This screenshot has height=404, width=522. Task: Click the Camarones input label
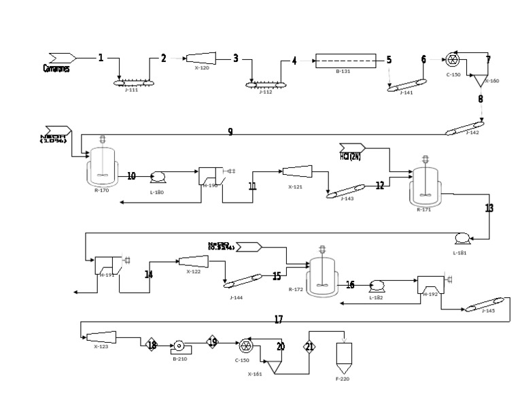coord(56,68)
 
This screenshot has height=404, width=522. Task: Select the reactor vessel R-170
coord(102,169)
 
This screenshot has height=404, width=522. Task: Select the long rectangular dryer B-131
coord(347,61)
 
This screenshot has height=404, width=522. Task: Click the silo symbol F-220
coord(344,356)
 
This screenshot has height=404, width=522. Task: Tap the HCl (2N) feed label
coord(351,156)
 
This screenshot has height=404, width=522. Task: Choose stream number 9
coord(230,132)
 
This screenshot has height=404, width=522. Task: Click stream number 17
coord(278,319)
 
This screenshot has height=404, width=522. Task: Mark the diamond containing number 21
coord(309,346)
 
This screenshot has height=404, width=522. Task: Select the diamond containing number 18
coord(152,346)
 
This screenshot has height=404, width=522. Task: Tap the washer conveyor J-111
coord(133,82)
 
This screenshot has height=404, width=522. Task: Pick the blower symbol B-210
coord(180,346)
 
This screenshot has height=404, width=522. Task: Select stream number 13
coord(489,207)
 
